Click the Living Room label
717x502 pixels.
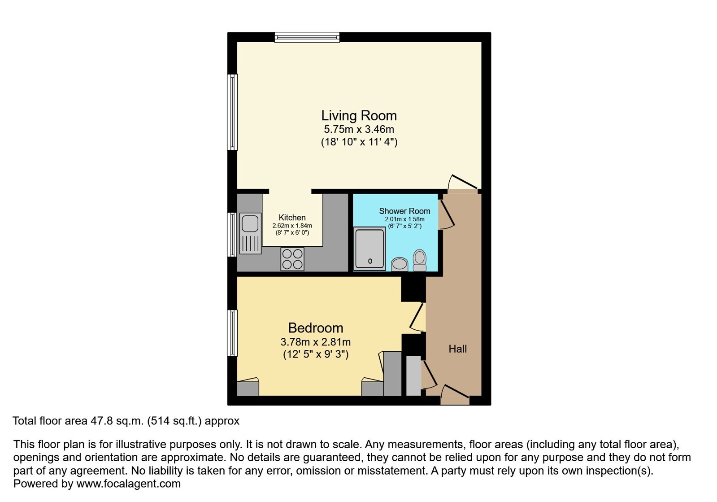[359, 116]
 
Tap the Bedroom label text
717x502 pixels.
[316, 328]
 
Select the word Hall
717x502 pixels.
[457, 349]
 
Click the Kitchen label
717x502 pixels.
[292, 218]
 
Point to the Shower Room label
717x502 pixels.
[404, 211]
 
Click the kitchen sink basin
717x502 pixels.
[250, 223]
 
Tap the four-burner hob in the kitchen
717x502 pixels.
[292, 259]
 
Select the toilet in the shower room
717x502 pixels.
[420, 260]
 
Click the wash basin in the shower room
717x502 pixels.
[400, 264]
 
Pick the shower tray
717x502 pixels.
[369, 249]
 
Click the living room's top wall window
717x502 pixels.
[307, 37]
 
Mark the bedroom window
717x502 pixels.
[232, 333]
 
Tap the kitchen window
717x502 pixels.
[232, 235]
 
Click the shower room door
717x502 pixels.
[447, 214]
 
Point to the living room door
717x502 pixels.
[462, 182]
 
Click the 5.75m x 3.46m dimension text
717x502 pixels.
[359, 129]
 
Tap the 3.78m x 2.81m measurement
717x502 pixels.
[316, 342]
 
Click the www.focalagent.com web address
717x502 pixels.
[128, 484]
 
